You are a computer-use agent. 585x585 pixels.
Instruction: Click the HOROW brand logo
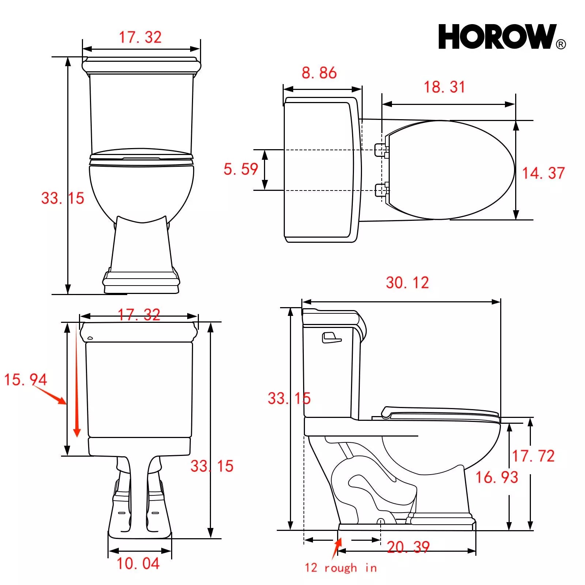[x=497, y=37]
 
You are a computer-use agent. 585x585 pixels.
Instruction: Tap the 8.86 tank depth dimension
[x=319, y=73]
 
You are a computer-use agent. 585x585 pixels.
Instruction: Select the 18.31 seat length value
[x=444, y=87]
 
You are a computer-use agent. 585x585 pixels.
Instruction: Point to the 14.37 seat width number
[x=543, y=173]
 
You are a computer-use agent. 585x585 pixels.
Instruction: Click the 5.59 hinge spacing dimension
[x=241, y=169]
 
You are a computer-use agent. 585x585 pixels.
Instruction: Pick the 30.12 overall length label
[x=407, y=283]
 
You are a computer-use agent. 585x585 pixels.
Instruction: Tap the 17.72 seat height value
[x=533, y=456]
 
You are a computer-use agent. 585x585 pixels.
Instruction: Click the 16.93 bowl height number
[x=497, y=477]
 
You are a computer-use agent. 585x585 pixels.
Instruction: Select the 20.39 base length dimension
[x=408, y=547]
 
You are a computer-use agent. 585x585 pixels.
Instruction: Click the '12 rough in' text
[x=340, y=568]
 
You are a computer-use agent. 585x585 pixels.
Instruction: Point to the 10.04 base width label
[x=138, y=563]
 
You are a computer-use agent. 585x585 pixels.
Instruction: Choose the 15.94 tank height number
[x=25, y=379]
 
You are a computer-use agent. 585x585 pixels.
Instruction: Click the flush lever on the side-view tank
[x=331, y=337]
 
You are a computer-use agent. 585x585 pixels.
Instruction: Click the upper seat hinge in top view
[x=381, y=150]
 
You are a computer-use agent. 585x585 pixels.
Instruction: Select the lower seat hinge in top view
[x=381, y=190]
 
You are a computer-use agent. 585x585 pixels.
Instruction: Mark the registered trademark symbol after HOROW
[x=561, y=44]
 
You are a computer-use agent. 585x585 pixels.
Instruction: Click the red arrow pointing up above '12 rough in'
[x=337, y=548]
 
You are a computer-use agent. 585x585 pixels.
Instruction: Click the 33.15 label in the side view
[x=289, y=398]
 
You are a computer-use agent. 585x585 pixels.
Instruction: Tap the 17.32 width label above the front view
[x=140, y=37]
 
